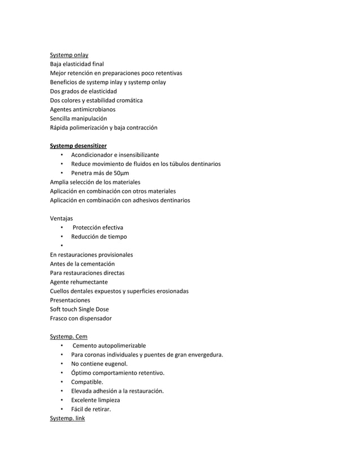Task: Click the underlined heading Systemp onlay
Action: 69,55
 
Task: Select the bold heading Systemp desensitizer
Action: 78,146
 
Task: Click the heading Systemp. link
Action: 67,418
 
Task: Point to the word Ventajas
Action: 62,218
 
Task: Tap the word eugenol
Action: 116,364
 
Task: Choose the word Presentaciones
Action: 70,300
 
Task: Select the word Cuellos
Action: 60,291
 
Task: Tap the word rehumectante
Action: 88,282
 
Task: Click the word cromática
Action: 128,100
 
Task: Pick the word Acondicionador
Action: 93,155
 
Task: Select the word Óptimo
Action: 82,373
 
